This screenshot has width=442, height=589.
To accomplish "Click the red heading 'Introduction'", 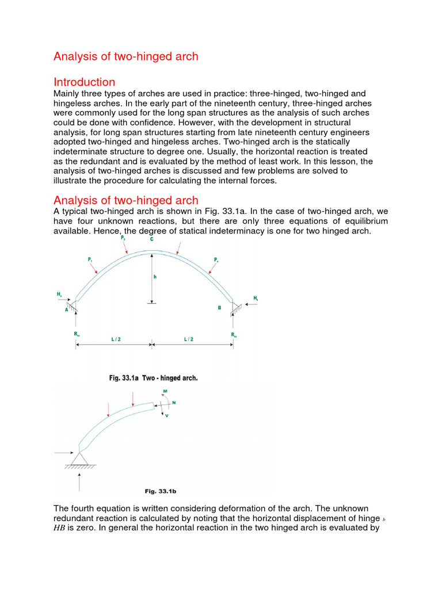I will tap(84, 82).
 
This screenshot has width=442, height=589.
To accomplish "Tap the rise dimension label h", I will tap(154, 277).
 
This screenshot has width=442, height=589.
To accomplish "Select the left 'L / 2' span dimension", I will tap(112, 340).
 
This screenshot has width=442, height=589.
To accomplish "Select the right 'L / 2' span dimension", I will tap(189, 340).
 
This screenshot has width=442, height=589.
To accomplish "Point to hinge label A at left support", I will tap(67, 309).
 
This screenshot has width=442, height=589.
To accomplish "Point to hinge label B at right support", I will tap(219, 308).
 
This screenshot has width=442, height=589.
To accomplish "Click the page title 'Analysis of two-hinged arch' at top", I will tap(125, 56).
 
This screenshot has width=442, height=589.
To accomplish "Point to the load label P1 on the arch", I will tap(90, 260).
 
